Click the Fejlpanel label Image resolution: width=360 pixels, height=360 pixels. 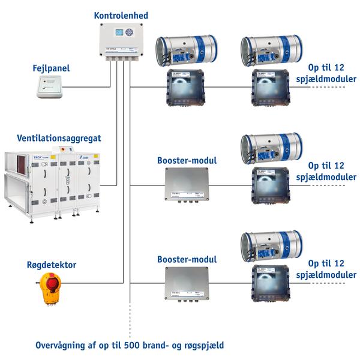51,68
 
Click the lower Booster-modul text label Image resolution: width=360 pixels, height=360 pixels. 187,260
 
